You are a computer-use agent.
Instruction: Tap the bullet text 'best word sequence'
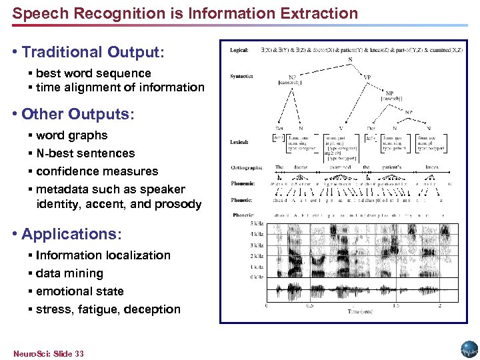(x=93, y=73)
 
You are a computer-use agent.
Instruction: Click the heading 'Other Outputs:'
(x=77, y=114)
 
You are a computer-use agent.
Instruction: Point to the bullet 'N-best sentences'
(x=85, y=153)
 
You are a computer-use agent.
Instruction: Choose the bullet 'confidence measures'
(x=97, y=171)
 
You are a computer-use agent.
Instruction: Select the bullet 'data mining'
(x=69, y=273)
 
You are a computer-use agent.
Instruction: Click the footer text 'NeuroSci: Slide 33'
(x=48, y=353)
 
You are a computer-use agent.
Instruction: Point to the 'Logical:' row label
(x=239, y=50)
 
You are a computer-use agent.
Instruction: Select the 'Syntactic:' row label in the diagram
(x=241, y=75)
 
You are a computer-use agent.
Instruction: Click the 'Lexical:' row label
(x=239, y=141)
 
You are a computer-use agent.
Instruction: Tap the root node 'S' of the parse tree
(x=351, y=59)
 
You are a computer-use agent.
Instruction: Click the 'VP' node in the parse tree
(x=367, y=77)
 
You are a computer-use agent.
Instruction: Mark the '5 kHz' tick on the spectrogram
(x=257, y=223)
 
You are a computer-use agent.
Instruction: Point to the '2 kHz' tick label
(x=257, y=255)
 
